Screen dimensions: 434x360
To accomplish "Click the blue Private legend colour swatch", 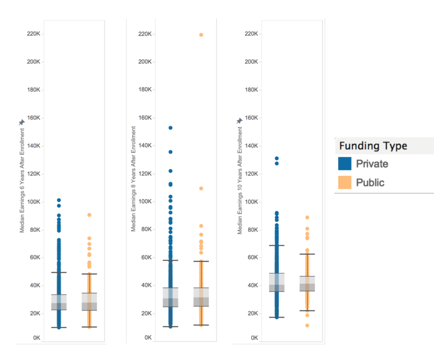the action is pyautogui.click(x=345, y=164).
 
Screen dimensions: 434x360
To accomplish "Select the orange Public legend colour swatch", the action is pyautogui.click(x=345, y=182).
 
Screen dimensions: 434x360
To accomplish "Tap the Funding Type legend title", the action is pyautogui.click(x=373, y=146).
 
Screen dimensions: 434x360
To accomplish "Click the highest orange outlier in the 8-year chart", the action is pyautogui.click(x=201, y=35).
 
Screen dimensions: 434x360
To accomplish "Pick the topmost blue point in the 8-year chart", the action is pyautogui.click(x=171, y=128).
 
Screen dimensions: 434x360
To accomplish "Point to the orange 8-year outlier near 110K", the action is pyautogui.click(x=201, y=189).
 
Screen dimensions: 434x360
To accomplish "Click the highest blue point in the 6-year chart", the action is pyautogui.click(x=59, y=200).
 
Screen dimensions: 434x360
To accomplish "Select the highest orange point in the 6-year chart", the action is pyautogui.click(x=89, y=215).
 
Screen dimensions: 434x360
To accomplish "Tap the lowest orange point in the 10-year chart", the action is pyautogui.click(x=307, y=325).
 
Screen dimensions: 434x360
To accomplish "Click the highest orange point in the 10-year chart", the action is pyautogui.click(x=307, y=218).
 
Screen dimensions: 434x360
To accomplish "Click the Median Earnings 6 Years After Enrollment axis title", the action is pyautogui.click(x=22, y=180).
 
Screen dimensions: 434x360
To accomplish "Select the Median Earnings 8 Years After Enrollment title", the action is pyautogui.click(x=134, y=179).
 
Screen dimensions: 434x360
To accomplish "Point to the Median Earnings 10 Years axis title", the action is pyautogui.click(x=240, y=180).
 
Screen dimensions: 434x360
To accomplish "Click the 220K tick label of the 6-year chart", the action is pyautogui.click(x=33, y=34).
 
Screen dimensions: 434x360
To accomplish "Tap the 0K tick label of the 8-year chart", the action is pyautogui.click(x=148, y=338).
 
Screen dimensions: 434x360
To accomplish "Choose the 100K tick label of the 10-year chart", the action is pyautogui.click(x=251, y=202).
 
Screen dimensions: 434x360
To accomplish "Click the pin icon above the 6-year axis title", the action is pyautogui.click(x=22, y=123).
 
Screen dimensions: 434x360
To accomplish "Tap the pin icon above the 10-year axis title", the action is pyautogui.click(x=239, y=121).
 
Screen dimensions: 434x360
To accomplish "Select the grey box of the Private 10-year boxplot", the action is pyautogui.click(x=277, y=282).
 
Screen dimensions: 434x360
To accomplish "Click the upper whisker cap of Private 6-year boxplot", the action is pyautogui.click(x=59, y=273).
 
